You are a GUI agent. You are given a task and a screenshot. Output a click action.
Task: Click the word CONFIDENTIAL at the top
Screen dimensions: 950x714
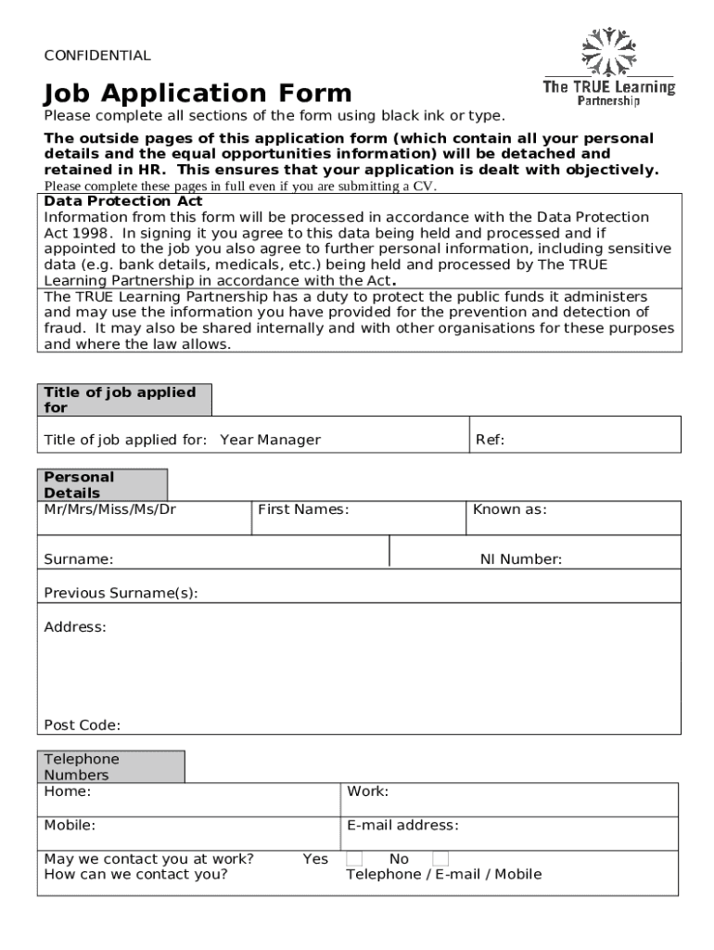[97, 56]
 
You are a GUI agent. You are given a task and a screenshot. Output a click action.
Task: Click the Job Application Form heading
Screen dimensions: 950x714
[198, 94]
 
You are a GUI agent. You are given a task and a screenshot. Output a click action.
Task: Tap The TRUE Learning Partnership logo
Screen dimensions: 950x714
[608, 67]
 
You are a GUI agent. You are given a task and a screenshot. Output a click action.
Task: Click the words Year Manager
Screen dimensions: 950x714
[270, 440]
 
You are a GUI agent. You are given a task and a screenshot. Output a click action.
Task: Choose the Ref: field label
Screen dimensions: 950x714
[490, 440]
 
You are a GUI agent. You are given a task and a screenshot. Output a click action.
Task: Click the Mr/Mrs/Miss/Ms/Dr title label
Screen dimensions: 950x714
[109, 509]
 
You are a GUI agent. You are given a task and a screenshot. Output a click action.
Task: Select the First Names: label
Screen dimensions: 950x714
[303, 509]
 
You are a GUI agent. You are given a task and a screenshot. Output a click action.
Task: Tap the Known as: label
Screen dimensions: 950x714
[509, 509]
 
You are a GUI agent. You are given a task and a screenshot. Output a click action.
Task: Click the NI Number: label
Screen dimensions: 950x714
[520, 559]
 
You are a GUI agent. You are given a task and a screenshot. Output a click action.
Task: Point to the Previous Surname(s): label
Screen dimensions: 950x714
[121, 593]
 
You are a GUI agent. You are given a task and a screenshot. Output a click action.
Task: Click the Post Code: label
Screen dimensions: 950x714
[82, 725]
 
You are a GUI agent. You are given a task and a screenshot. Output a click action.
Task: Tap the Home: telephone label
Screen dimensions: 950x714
[67, 791]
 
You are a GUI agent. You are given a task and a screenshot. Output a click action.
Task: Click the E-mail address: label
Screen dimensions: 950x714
[402, 826]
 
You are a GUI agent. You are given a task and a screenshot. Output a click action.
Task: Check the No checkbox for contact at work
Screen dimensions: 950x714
[440, 859]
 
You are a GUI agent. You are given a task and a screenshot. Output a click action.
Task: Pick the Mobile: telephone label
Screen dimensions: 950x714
[70, 826]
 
